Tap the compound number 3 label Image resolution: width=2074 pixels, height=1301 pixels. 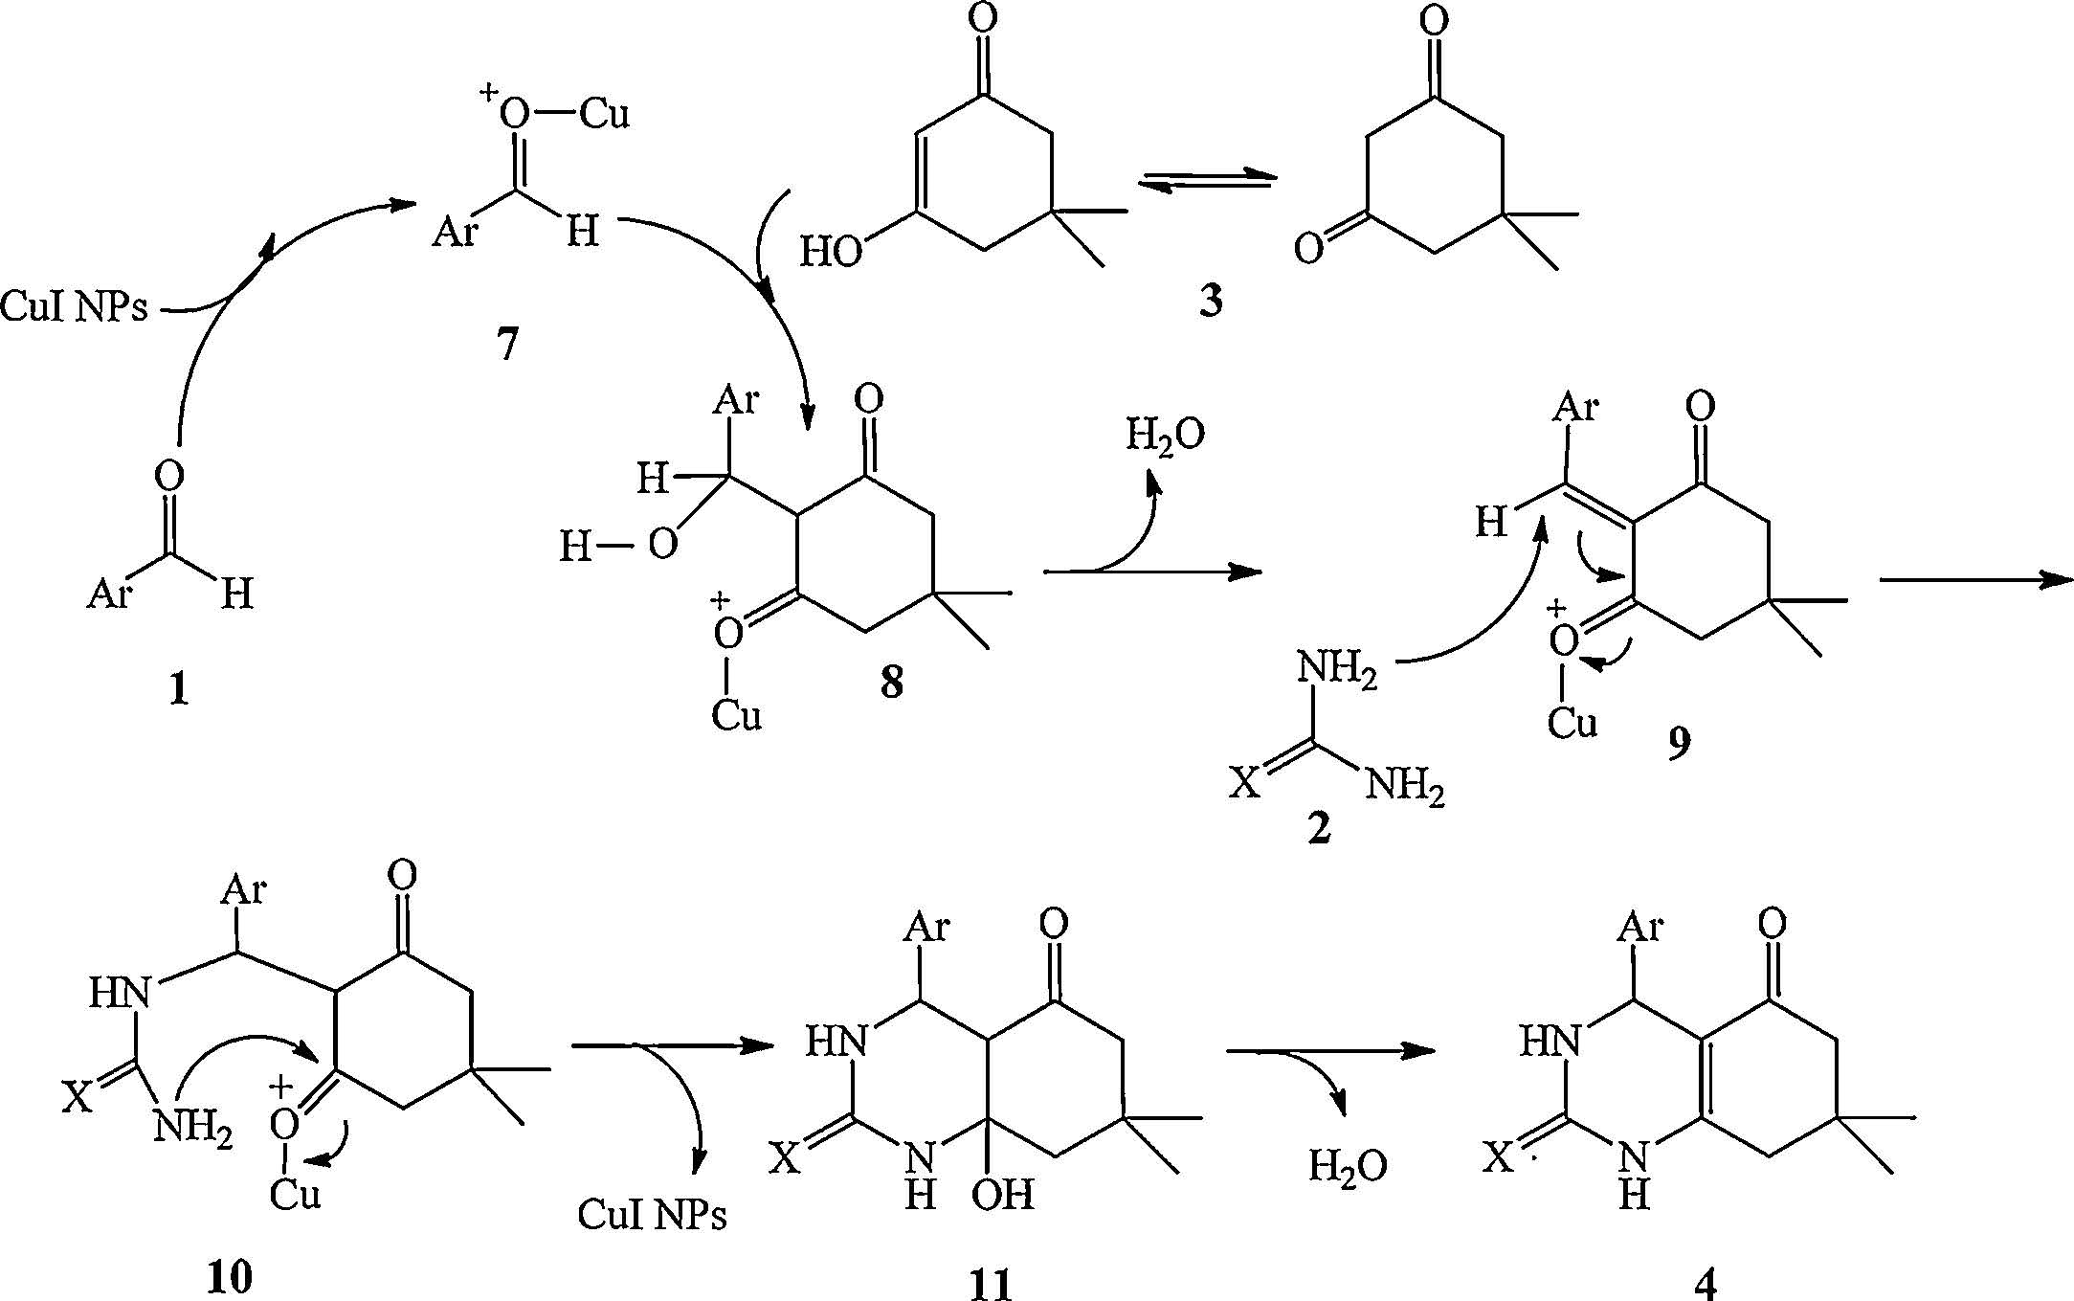(1211, 302)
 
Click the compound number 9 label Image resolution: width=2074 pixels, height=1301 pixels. (1678, 743)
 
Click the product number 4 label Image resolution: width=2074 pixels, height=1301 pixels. (1706, 1283)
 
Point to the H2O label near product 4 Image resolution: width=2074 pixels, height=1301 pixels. (1348, 1166)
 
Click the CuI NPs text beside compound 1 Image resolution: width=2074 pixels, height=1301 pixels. (75, 309)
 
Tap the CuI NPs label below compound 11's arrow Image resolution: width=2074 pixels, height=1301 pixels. (652, 1216)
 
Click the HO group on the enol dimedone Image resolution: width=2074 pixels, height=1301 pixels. (831, 252)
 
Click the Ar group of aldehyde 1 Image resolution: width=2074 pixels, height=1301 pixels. (109, 594)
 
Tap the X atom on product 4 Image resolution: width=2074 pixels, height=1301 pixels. (1499, 1159)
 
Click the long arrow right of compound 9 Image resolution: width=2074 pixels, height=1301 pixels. (1976, 578)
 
